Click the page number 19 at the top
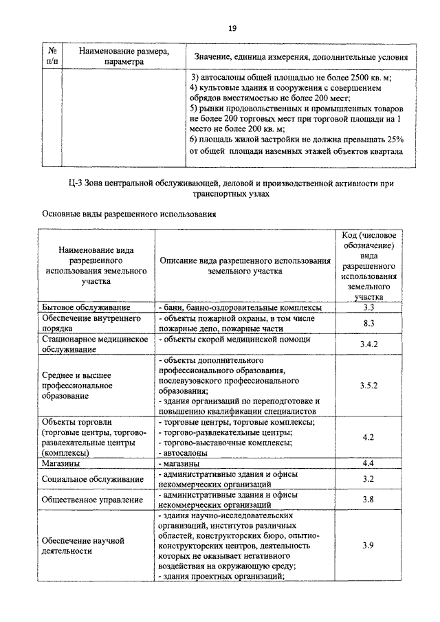coord(232,27)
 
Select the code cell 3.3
coord(368,307)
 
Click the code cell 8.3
coord(368,323)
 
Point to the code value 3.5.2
coord(368,386)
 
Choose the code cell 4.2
coord(368,436)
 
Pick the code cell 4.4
coord(368,464)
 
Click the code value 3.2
coord(368,478)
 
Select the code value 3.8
coord(368,499)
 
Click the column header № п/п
coord(52,56)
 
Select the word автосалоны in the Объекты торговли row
coord(183,453)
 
